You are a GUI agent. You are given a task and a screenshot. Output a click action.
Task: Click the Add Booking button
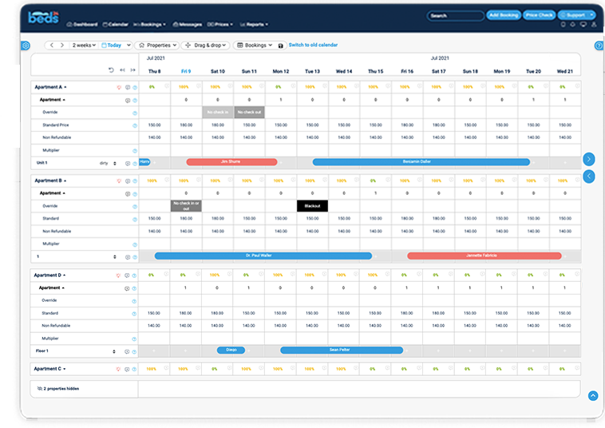504,15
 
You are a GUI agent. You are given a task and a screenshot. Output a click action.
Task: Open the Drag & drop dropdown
205,46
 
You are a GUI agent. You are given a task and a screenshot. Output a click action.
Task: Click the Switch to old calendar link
314,46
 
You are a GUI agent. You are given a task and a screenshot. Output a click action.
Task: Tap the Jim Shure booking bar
231,162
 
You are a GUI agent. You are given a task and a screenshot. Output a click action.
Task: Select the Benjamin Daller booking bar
421,162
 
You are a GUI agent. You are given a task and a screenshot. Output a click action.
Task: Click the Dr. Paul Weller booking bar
263,256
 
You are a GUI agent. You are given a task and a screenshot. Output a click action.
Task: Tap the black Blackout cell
312,206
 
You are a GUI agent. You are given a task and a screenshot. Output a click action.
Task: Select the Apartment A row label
48,86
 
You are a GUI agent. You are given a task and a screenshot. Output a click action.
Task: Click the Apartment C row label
48,369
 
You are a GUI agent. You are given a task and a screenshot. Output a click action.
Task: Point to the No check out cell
249,113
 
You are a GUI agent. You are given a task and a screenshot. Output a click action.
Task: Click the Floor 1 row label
42,351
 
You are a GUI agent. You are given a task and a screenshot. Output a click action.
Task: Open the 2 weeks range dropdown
83,46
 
